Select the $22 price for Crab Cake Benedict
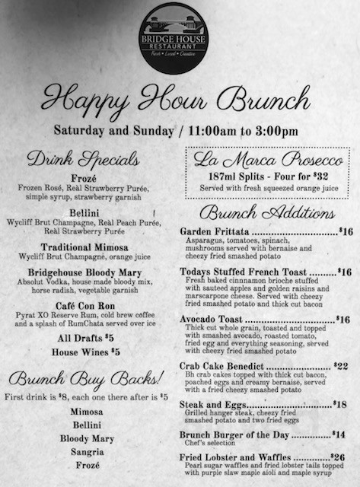341,365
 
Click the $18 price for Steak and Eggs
339,404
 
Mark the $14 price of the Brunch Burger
339,435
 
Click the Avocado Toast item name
211,320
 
